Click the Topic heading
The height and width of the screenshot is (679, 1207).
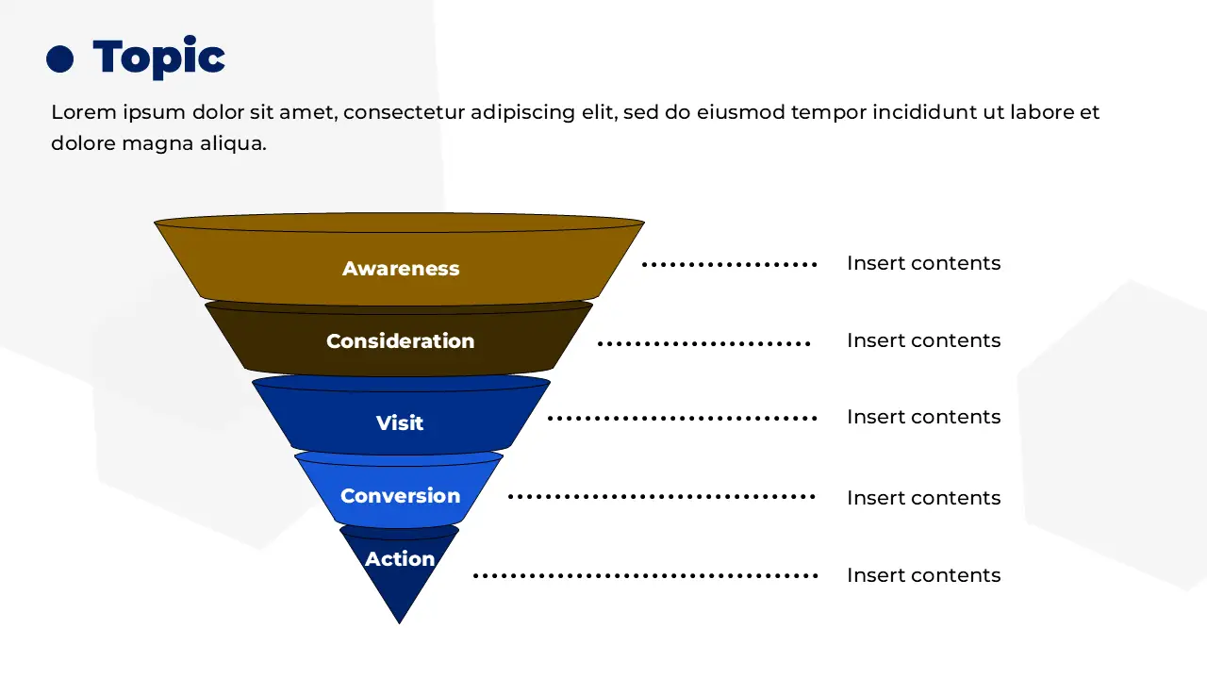click(158, 58)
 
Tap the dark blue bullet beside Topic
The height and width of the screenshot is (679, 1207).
click(59, 59)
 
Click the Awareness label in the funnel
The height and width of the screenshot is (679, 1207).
click(401, 269)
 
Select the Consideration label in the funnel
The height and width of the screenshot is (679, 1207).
click(400, 340)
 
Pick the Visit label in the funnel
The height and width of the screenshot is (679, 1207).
click(400, 422)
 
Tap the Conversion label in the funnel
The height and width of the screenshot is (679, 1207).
click(400, 496)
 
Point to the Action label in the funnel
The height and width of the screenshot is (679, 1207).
click(400, 559)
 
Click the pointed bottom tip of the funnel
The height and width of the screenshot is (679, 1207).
click(400, 620)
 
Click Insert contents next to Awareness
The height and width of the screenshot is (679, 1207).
click(923, 263)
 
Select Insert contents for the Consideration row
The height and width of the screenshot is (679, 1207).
click(923, 340)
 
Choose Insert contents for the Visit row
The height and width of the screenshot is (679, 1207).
click(923, 417)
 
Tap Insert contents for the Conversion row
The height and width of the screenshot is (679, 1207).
click(923, 498)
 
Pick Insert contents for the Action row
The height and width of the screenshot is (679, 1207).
click(923, 575)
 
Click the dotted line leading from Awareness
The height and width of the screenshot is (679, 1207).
click(729, 265)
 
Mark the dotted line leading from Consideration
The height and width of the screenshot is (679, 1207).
click(703, 343)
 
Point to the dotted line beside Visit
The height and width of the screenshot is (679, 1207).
click(681, 418)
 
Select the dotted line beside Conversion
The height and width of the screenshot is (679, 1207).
click(661, 496)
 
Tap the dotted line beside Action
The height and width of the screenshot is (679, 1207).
click(644, 575)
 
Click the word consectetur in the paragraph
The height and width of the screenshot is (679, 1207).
click(404, 112)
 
